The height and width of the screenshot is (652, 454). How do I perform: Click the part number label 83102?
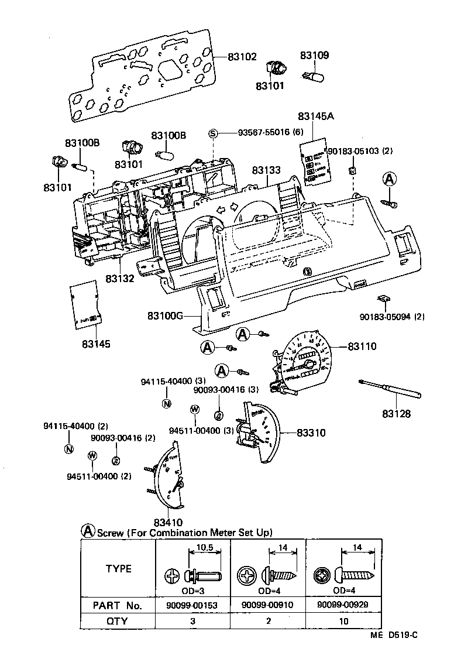tap(242, 57)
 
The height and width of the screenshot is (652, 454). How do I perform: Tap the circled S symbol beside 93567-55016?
tap(214, 133)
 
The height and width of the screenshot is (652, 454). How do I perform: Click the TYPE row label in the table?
tap(118, 568)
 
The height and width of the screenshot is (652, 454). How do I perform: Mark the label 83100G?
tap(165, 316)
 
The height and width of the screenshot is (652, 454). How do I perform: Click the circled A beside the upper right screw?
tap(390, 179)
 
